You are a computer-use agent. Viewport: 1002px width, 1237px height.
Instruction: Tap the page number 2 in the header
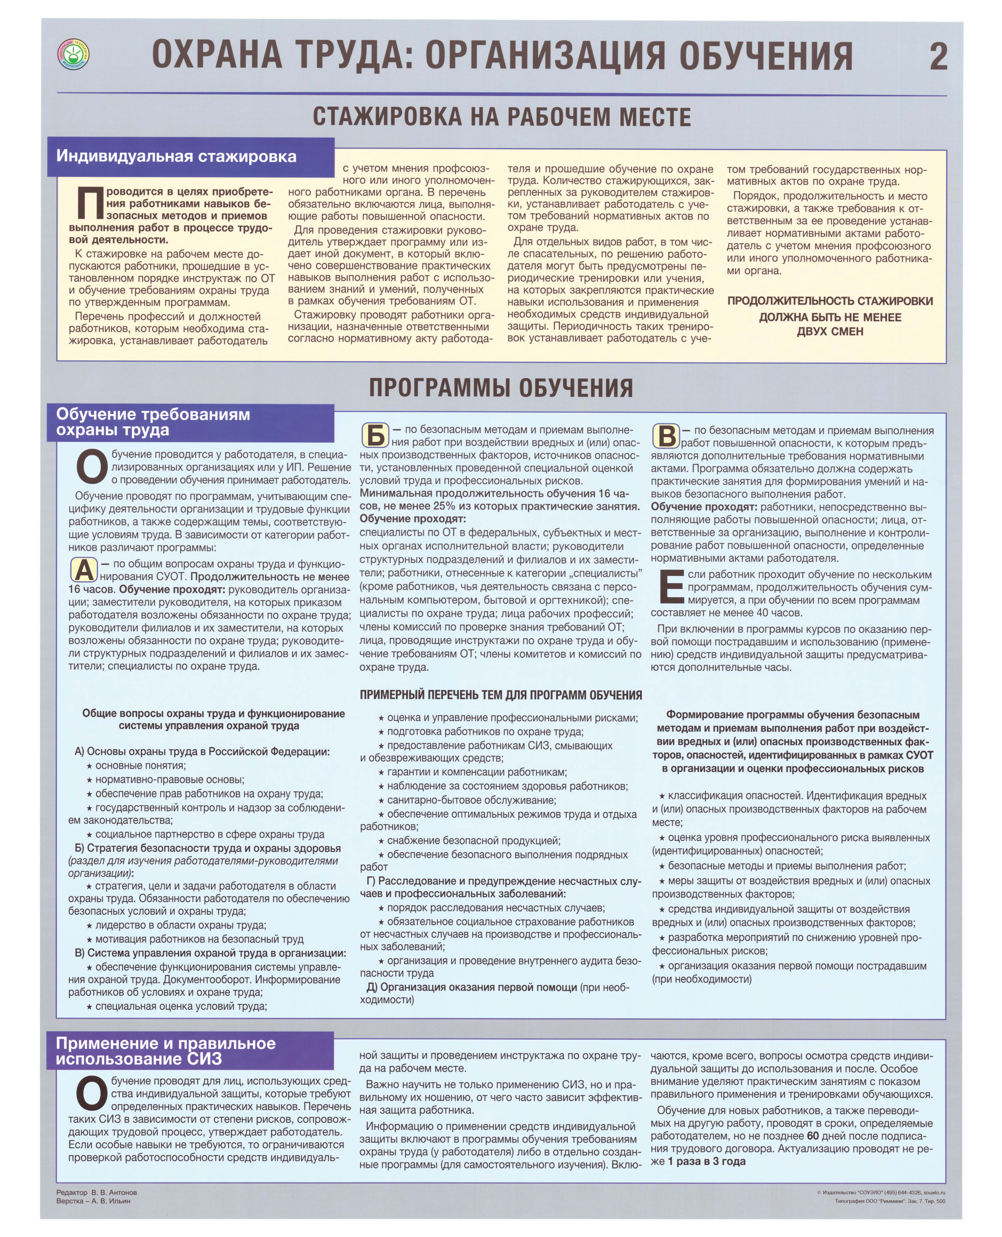tap(938, 57)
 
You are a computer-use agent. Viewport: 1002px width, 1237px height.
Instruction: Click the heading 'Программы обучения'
tap(501, 388)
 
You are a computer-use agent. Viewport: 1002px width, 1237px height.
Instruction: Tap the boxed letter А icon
tap(84, 570)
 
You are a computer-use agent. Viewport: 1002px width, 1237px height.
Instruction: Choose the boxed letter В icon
tap(666, 436)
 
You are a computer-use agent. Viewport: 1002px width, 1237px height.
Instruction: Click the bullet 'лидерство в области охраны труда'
tap(180, 925)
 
